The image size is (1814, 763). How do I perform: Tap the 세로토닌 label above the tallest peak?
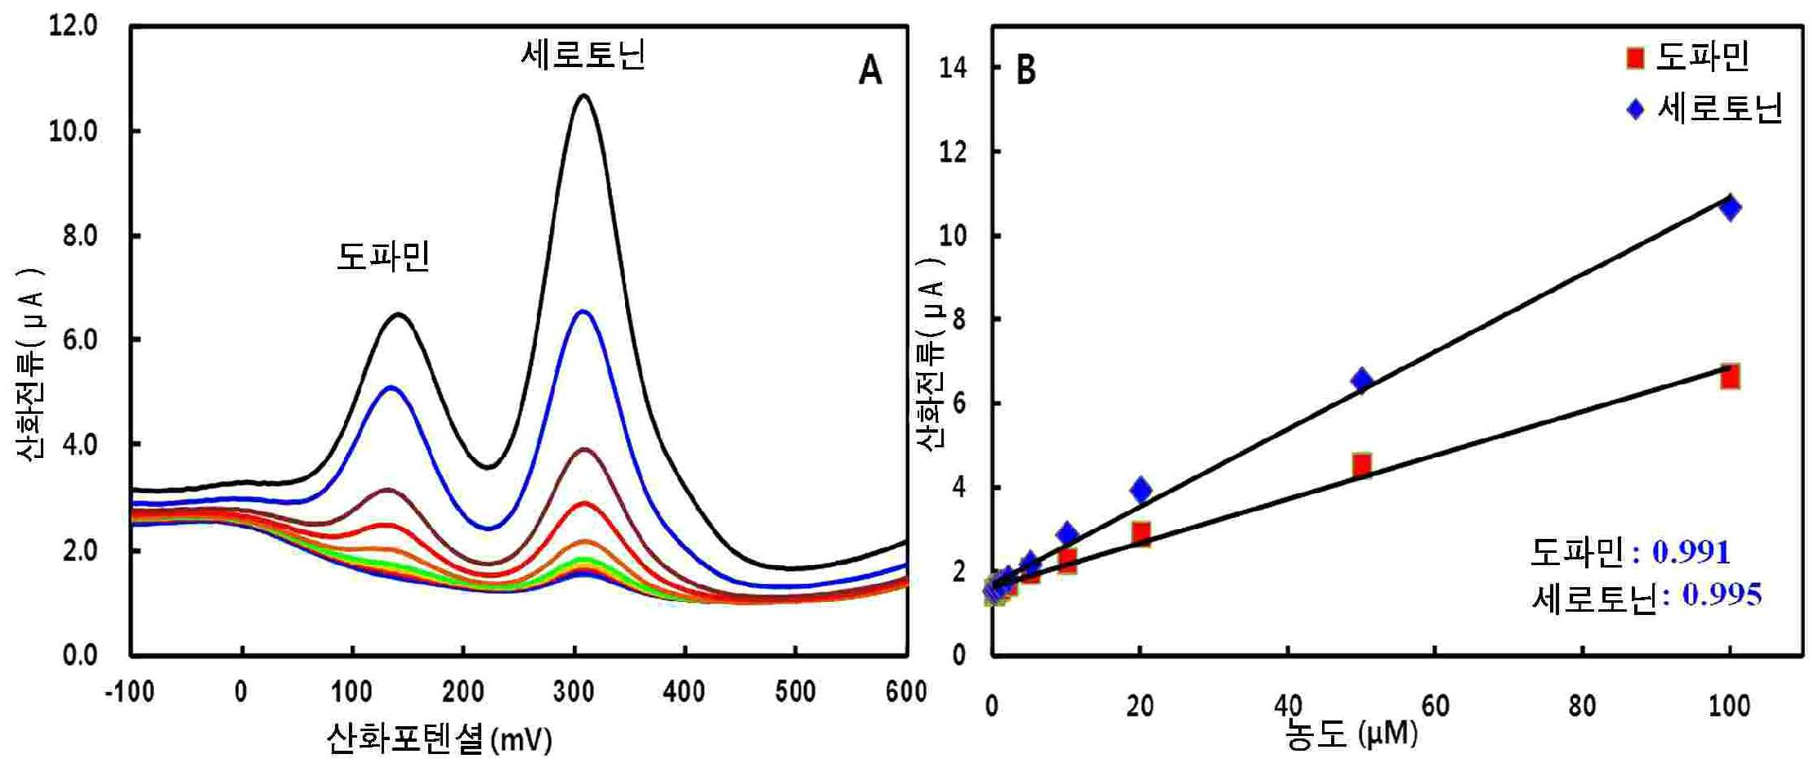click(583, 55)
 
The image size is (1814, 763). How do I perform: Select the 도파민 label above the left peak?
click(383, 256)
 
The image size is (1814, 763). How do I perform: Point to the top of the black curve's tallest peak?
click(583, 96)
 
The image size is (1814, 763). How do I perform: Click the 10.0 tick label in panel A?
click(73, 131)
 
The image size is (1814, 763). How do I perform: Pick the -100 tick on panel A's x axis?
click(129, 692)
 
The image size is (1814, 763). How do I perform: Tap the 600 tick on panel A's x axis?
click(906, 692)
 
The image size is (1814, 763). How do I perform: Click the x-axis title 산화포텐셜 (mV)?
click(440, 738)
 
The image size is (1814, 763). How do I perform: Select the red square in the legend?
click(1634, 57)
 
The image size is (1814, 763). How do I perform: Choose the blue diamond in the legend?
click(1634, 109)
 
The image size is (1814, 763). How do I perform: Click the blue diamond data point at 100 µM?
click(1729, 208)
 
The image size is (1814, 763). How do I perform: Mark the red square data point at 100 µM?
click(1729, 377)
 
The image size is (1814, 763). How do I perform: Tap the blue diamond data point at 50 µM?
click(1361, 380)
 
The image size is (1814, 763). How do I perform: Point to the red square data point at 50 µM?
click(1361, 465)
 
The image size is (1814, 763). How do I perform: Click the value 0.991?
click(1691, 553)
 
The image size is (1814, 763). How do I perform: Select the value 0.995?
click(1722, 595)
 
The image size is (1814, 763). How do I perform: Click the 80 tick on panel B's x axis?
click(1583, 705)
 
